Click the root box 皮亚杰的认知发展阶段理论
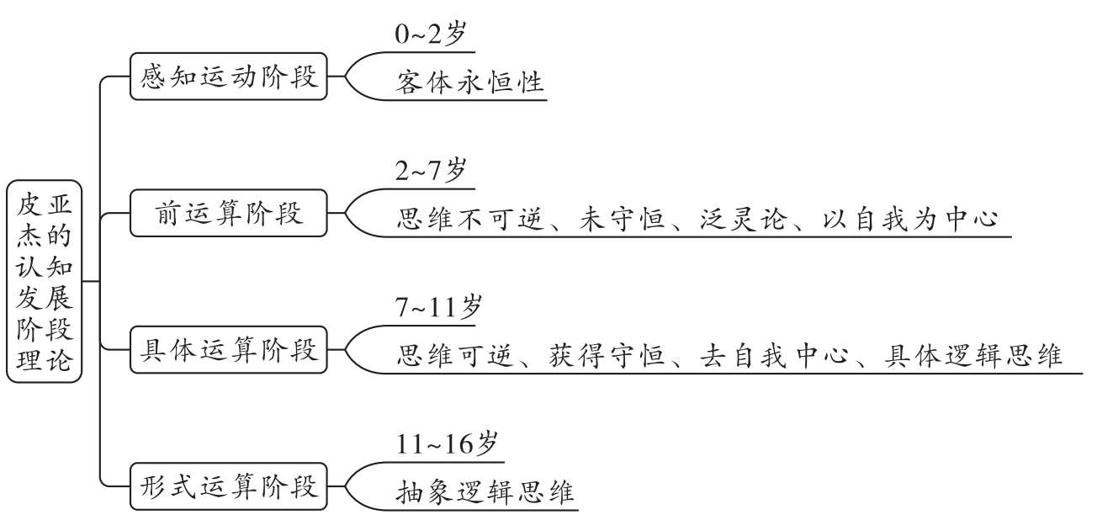[44, 282]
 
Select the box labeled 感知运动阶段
[229, 77]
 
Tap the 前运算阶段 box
[229, 213]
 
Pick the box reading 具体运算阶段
[229, 349]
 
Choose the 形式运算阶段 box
[229, 486]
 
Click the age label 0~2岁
[431, 34]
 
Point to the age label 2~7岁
[431, 171]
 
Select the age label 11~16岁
[447, 443]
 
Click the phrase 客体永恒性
[470, 82]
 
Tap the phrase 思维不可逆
[470, 219]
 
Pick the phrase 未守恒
[622, 219]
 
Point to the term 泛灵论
[744, 219]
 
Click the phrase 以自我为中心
[910, 219]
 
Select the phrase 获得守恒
[607, 355]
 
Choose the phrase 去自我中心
[774, 355]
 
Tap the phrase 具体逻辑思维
[973, 355]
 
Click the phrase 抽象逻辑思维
[485, 492]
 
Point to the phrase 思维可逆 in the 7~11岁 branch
[455, 355]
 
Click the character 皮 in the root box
[29, 204]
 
